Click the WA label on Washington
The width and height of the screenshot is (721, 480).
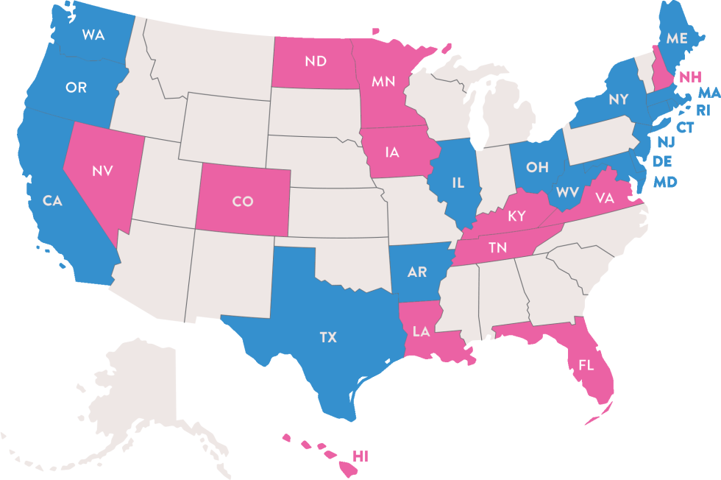(93, 35)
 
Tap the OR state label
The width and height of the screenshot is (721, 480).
(76, 88)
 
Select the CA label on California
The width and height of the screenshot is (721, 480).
(51, 201)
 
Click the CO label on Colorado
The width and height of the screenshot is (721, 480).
(243, 201)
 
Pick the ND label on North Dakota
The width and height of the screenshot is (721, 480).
(315, 61)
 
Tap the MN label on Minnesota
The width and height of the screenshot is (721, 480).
(383, 82)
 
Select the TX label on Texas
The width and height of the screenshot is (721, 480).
(328, 337)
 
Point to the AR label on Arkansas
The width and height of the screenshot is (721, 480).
(416, 272)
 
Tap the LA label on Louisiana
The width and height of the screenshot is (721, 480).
(421, 332)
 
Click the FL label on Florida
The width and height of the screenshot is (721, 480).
(586, 364)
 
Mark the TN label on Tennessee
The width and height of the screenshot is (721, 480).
(497, 248)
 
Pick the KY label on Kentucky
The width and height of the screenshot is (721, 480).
(516, 216)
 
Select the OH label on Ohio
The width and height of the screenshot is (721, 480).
(537, 166)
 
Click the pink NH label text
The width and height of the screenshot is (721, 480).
(690, 76)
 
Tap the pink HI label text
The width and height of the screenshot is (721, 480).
(360, 456)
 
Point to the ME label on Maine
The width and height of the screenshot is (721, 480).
(676, 38)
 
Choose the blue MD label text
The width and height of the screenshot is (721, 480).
(665, 181)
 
